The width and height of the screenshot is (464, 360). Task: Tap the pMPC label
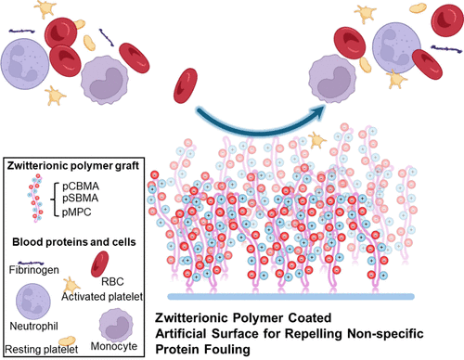[x=78, y=212]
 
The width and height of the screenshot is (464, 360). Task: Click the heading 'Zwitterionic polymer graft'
[x=71, y=164]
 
